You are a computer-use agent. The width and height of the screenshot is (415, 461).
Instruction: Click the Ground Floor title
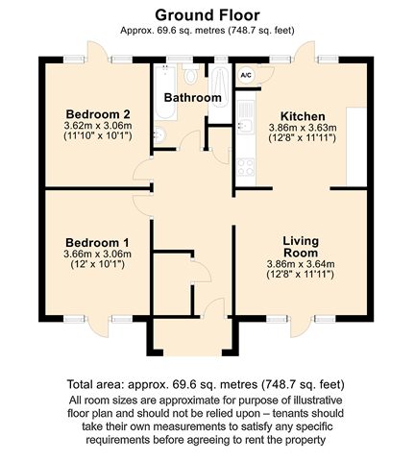click(207, 15)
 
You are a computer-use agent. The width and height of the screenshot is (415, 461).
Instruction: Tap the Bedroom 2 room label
click(98, 114)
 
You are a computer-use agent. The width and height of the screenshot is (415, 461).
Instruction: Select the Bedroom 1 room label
click(97, 242)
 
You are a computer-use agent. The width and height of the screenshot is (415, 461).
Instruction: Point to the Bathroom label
click(193, 98)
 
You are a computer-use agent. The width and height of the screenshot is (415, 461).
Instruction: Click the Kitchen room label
click(303, 116)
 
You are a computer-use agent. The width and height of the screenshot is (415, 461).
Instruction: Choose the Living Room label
click(301, 247)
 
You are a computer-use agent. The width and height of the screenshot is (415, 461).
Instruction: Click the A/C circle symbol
click(246, 76)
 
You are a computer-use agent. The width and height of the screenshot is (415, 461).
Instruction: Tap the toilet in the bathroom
click(191, 74)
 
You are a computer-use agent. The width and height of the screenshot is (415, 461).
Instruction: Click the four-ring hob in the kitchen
click(246, 167)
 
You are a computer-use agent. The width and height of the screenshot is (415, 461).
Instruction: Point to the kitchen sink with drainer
click(246, 117)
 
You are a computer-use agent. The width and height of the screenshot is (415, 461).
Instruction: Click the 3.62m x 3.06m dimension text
click(98, 126)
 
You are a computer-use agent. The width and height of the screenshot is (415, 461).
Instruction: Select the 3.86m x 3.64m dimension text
click(301, 264)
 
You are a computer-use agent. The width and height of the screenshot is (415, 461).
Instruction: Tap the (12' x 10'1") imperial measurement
click(97, 264)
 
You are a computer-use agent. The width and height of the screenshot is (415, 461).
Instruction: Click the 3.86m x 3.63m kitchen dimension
click(303, 128)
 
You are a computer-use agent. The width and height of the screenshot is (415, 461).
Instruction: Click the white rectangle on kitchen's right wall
click(356, 147)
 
